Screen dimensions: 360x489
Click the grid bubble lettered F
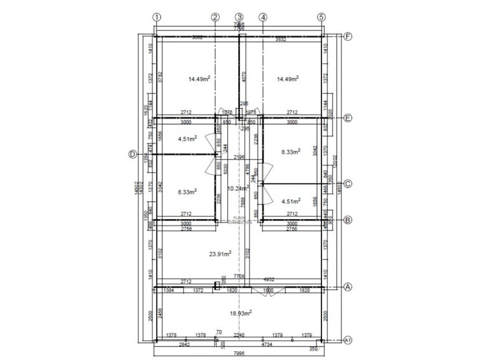pos(348,36)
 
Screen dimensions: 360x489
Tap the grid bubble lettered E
pos(348,118)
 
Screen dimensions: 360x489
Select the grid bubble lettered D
pos(133,154)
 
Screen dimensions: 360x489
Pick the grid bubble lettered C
pos(348,184)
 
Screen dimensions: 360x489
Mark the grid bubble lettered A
pos(348,287)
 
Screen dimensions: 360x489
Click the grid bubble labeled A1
pos(348,340)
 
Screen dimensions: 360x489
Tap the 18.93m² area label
pos(240,313)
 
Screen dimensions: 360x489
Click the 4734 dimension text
pos(271,345)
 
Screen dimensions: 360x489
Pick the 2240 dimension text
pos(239,335)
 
